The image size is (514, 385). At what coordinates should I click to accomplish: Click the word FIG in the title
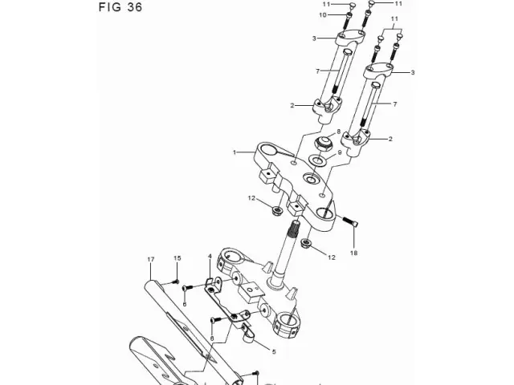tap(110, 7)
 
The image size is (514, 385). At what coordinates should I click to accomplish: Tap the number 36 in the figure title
tap(135, 7)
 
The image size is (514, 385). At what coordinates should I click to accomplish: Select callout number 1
tap(235, 152)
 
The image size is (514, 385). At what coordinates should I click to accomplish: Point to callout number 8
tap(339, 132)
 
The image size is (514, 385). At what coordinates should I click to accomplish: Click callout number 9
tap(340, 152)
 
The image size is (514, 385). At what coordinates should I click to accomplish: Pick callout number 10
tap(323, 15)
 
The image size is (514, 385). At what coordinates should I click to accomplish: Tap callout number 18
tap(353, 253)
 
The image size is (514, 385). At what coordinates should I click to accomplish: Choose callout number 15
tap(177, 258)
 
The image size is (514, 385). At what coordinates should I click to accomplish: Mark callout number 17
tap(150, 259)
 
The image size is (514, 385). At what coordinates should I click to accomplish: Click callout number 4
tap(210, 256)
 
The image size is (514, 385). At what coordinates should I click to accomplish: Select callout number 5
tap(274, 352)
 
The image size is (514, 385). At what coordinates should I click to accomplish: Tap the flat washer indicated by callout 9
tap(319, 160)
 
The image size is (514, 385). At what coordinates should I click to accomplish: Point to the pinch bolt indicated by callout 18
tap(350, 221)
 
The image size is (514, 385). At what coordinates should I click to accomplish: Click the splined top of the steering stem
tap(294, 229)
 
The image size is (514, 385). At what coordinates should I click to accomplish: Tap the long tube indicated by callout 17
tap(194, 330)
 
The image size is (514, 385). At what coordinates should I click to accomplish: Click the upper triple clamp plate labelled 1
tap(295, 184)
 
